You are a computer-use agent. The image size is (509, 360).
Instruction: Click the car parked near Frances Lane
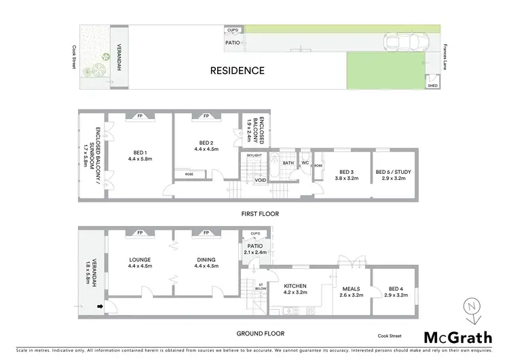pyautogui.click(x=406, y=44)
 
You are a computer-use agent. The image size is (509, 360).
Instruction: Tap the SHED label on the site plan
pyautogui.click(x=432, y=86)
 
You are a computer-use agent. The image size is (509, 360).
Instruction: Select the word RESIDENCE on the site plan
pyautogui.click(x=237, y=70)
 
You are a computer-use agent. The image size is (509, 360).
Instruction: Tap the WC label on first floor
pyautogui.click(x=305, y=163)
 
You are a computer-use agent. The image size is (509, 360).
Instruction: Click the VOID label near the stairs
pyautogui.click(x=260, y=181)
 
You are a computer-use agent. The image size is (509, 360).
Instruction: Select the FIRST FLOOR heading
pyautogui.click(x=260, y=213)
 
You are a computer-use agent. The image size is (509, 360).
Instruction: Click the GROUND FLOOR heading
pyautogui.click(x=261, y=333)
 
